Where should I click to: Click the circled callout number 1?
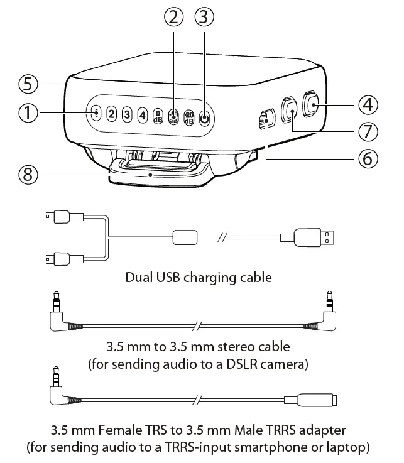pos(28,113)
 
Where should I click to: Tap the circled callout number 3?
pos(202,18)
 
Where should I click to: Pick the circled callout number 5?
pos(28,83)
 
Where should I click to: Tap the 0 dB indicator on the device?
pos(158,116)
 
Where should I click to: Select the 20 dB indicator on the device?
pos(188,117)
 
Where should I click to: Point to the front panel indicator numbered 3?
pos(127,114)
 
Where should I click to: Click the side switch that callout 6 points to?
pos(266,119)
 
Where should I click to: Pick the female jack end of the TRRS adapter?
pos(314,400)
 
